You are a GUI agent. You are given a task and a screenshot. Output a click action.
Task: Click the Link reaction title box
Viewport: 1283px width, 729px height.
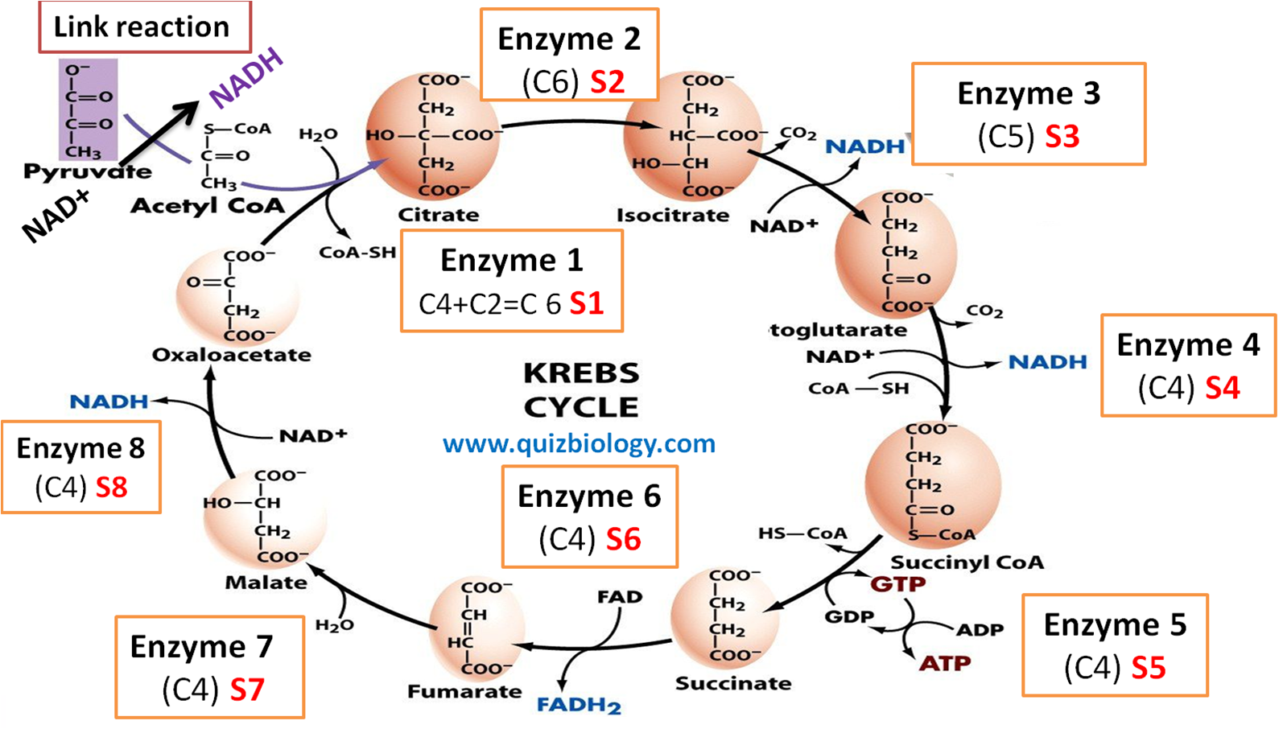point(144,27)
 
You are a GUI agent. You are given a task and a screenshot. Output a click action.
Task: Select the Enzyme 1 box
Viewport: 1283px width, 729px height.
point(511,281)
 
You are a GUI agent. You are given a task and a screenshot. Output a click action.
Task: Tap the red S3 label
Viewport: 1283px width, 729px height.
point(1062,137)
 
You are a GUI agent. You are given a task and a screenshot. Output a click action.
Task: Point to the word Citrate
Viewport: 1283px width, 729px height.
point(438,215)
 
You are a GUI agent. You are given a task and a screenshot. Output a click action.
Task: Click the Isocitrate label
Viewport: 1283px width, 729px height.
point(673,215)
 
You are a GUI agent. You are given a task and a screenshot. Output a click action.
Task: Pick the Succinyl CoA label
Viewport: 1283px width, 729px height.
point(967,562)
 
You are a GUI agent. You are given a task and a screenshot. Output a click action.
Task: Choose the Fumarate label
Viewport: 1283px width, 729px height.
point(464,691)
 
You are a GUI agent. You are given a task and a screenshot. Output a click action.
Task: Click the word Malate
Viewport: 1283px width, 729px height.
point(266,582)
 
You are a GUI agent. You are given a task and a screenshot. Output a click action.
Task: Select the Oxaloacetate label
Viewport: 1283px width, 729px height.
point(232,355)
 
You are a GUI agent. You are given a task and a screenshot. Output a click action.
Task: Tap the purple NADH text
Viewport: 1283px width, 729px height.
point(246,77)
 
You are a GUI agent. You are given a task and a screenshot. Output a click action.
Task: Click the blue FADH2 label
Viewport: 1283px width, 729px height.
point(579,705)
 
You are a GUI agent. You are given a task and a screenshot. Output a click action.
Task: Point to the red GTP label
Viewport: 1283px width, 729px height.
point(898,583)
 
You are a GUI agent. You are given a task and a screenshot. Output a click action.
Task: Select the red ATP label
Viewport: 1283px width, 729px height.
point(945,664)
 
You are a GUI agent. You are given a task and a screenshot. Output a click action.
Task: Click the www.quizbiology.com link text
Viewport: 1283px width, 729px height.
point(579,443)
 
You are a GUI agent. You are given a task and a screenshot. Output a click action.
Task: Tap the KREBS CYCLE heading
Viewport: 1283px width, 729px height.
point(581,390)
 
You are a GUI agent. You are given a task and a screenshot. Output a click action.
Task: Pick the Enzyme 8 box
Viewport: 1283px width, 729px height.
point(81,467)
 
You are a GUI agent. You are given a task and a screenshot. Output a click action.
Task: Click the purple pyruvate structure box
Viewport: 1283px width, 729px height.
point(89,109)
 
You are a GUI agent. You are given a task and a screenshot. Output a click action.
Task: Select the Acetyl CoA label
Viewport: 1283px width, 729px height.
point(208,206)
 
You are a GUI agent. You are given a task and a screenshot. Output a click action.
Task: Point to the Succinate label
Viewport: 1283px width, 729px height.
point(733,683)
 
